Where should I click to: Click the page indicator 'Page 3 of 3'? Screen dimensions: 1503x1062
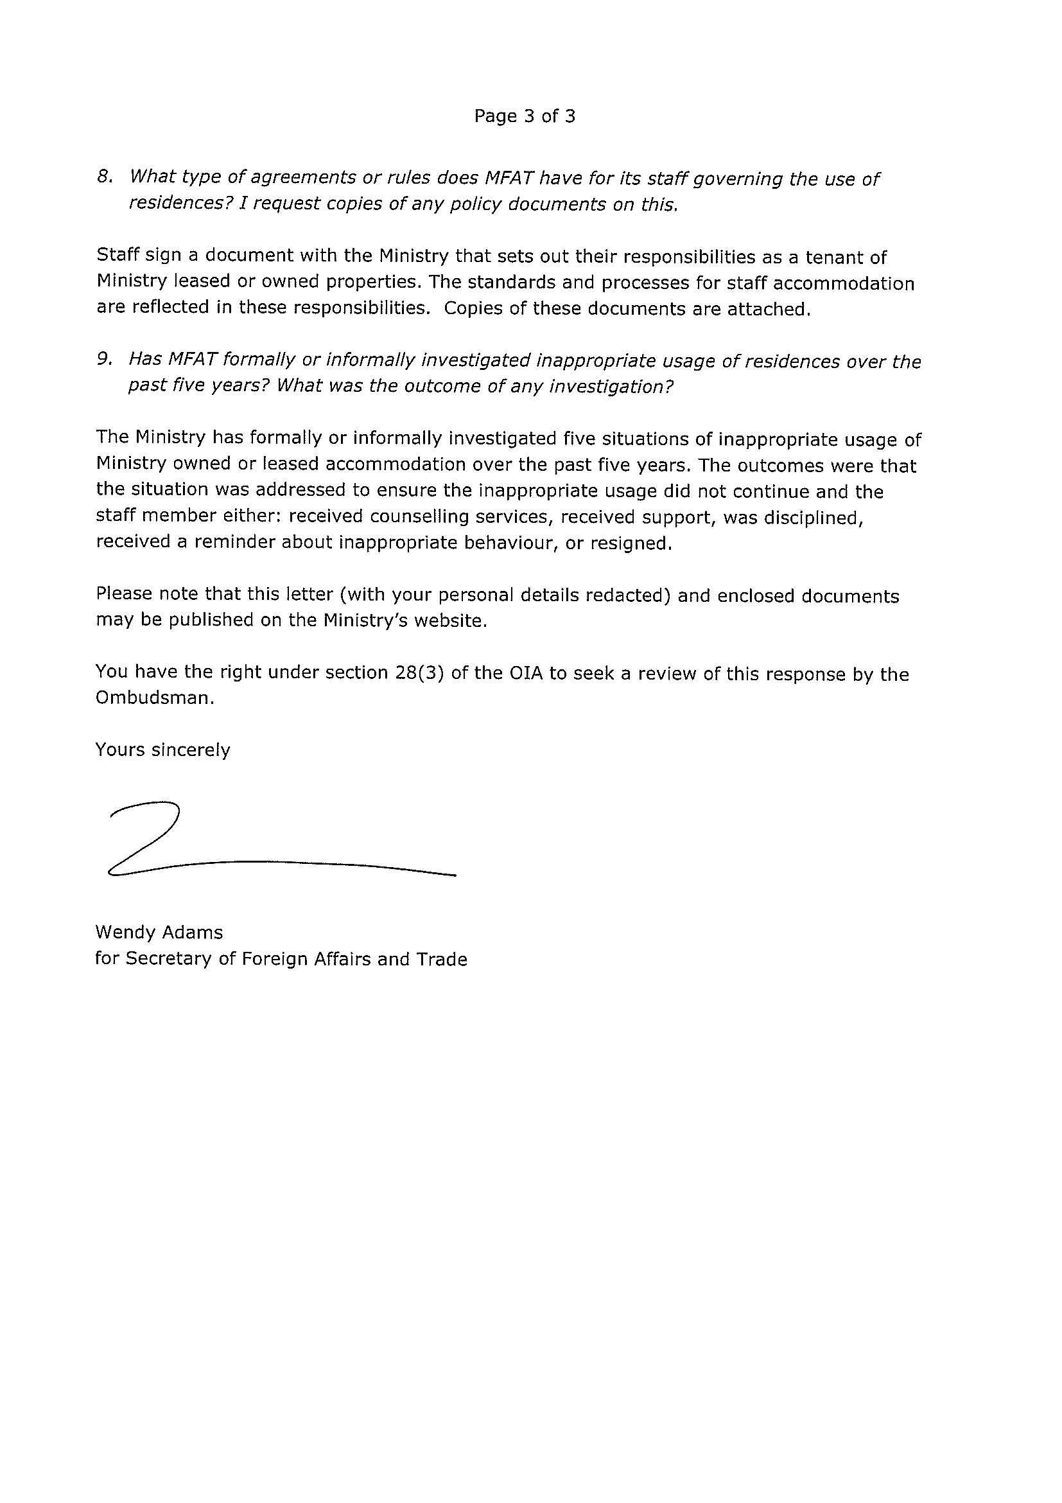tap(524, 116)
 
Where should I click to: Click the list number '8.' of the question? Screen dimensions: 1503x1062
tap(105, 177)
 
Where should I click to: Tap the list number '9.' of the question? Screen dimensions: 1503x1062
tap(105, 360)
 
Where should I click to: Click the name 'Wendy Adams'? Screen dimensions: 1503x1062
tap(159, 932)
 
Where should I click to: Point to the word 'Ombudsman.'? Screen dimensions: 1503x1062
tap(155, 698)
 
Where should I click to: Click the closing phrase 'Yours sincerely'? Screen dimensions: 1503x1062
tap(163, 750)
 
